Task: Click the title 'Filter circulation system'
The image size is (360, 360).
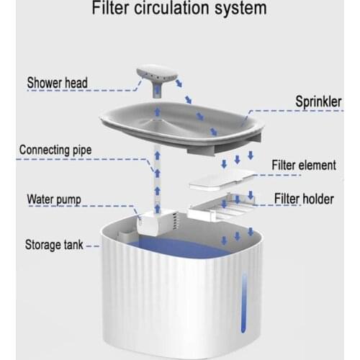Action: pos(179,10)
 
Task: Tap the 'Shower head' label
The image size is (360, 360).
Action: pos(58,83)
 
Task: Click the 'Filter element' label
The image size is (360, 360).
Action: pos(303,165)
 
